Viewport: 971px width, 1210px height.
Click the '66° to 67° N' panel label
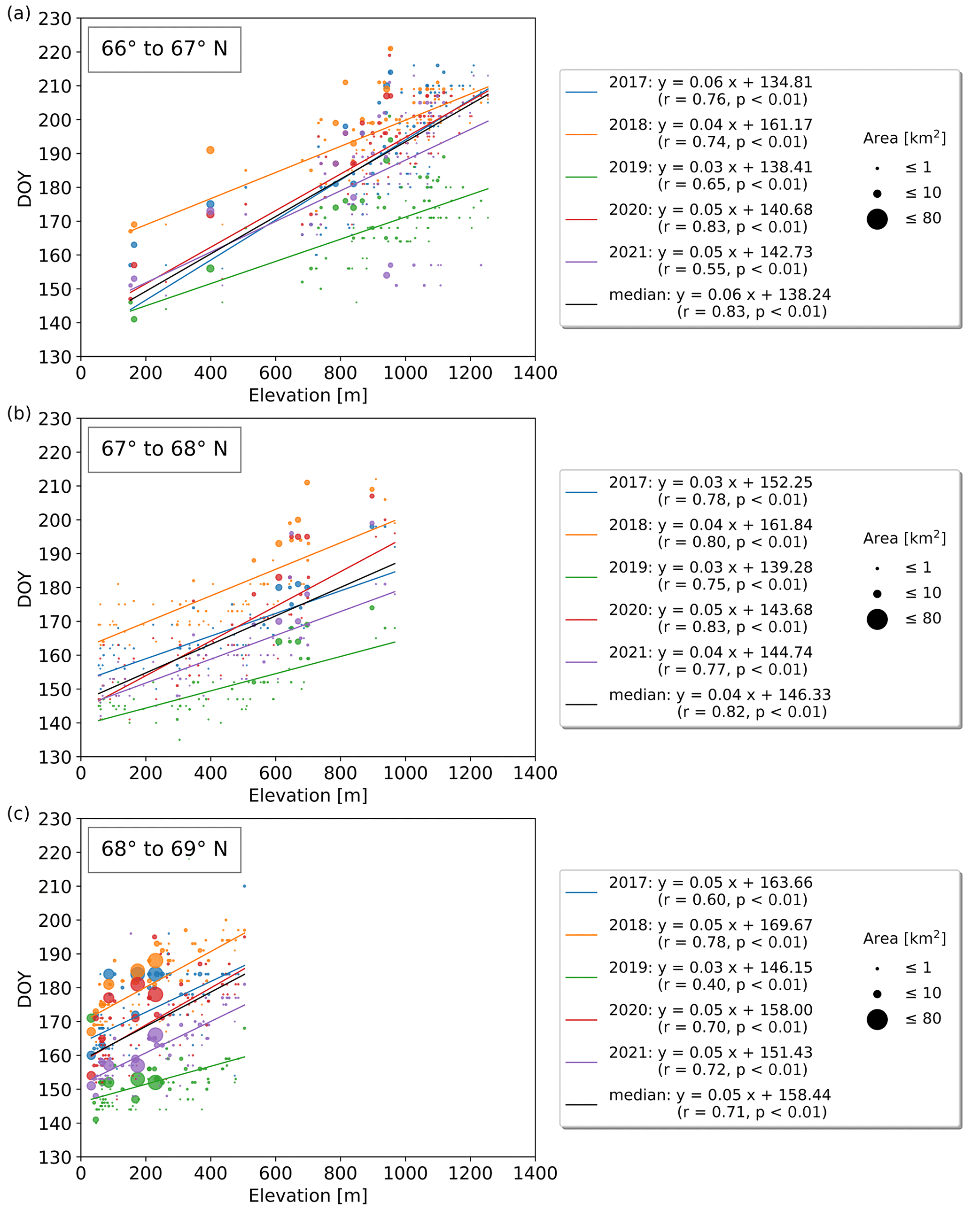point(164,49)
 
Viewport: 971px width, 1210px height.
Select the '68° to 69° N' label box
point(164,849)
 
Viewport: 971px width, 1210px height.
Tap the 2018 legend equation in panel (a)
point(711,133)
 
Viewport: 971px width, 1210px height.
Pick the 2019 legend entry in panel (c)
point(711,976)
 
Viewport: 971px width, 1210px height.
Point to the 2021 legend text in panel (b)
point(711,660)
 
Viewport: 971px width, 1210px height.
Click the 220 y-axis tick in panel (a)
point(55,53)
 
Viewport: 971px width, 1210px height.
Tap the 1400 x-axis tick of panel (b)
point(535,773)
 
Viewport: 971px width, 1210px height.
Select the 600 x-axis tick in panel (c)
point(276,1173)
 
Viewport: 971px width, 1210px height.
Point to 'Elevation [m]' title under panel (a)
point(308,396)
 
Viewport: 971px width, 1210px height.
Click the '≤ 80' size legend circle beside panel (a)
point(877,219)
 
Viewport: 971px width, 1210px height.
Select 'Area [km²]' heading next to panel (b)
point(904,538)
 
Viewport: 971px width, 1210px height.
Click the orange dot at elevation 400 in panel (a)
point(210,150)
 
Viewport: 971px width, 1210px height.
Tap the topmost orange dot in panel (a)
point(391,49)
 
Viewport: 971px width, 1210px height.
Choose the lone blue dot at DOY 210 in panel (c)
point(244,886)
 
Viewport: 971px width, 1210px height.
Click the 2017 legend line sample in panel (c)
point(581,892)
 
